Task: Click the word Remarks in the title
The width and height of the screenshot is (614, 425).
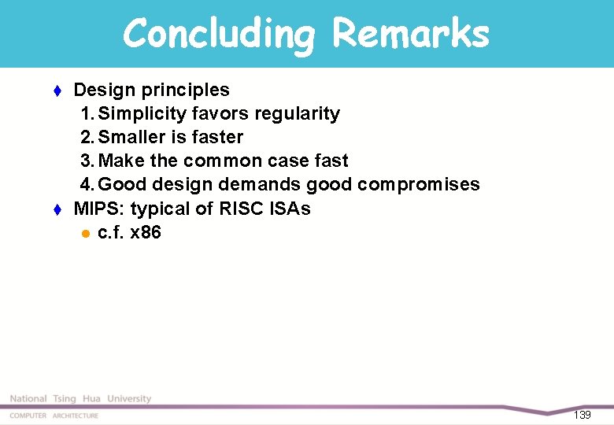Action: coord(410,34)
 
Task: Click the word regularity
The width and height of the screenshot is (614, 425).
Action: coord(293,113)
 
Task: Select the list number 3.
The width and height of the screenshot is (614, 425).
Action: coord(86,161)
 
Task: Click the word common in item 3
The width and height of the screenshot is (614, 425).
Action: coord(220,161)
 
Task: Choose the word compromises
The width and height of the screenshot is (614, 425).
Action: coord(418,184)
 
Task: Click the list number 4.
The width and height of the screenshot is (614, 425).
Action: coord(86,184)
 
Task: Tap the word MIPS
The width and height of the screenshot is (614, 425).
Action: coord(99,209)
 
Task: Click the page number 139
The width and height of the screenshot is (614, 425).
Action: coord(583,415)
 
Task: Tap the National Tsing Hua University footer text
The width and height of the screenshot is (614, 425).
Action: coord(80,399)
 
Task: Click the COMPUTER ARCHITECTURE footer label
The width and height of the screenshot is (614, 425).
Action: coord(54,416)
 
